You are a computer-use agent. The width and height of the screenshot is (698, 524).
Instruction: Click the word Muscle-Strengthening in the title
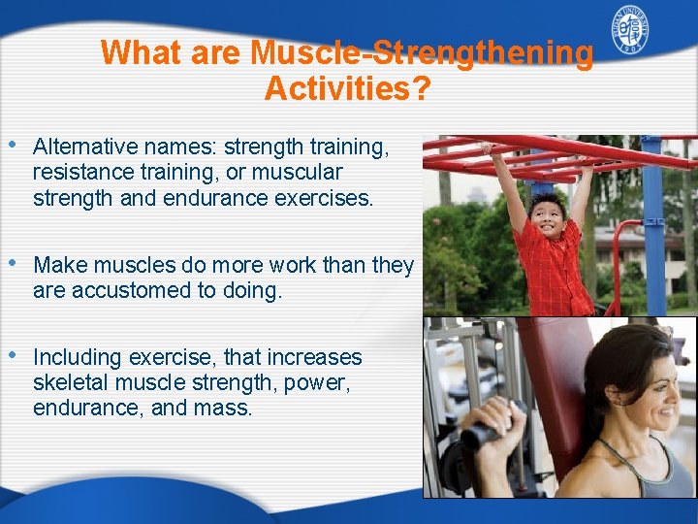(x=423, y=52)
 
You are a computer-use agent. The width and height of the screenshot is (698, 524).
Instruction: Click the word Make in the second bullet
(x=60, y=266)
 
